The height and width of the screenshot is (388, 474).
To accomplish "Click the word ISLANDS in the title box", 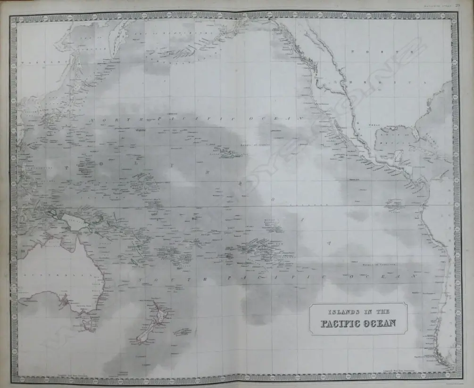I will pyautogui.click(x=341, y=312).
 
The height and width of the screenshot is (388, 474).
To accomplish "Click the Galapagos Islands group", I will pyautogui.click(x=394, y=204).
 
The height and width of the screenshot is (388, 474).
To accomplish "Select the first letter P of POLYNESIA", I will pyautogui.click(x=62, y=168).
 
